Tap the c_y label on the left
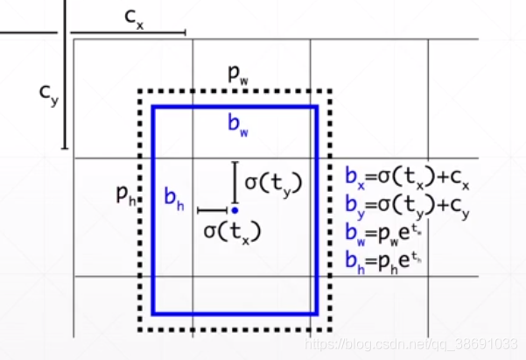click(49, 94)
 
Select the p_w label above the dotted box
click(237, 74)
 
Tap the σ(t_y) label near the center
click(272, 183)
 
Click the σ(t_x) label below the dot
click(232, 231)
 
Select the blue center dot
click(235, 210)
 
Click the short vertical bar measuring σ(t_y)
click(235, 181)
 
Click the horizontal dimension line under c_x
click(128, 32)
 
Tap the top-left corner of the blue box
click(154, 107)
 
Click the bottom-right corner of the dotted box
click(331, 329)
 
